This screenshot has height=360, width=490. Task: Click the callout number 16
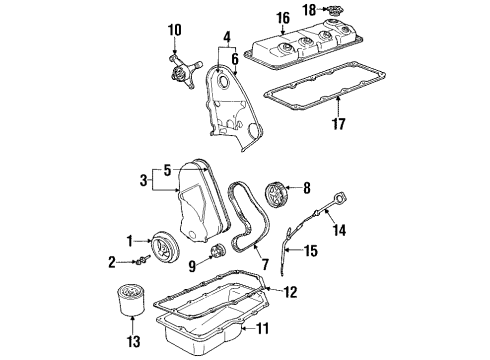click(x=284, y=17)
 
